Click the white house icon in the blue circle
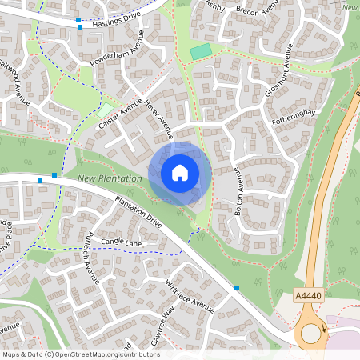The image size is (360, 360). (180, 173)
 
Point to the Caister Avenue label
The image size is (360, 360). (119, 114)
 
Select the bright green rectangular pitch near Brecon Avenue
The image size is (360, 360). (202, 51)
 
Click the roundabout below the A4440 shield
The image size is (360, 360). (312, 333)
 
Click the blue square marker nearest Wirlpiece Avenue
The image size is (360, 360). (237, 287)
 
